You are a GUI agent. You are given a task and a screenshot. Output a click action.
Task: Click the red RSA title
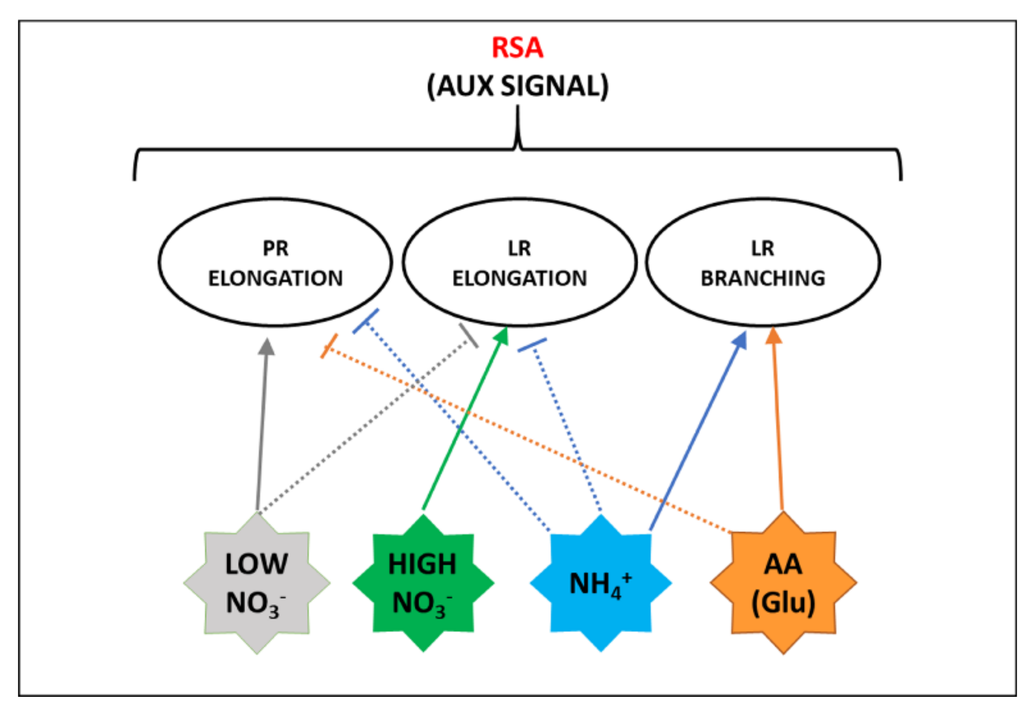(x=517, y=47)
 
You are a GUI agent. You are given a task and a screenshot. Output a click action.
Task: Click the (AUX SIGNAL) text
(x=517, y=86)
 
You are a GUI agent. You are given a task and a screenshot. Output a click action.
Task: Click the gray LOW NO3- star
(x=257, y=583)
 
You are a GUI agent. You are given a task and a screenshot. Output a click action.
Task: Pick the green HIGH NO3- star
(x=423, y=583)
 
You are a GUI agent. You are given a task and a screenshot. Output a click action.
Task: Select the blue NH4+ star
(x=601, y=583)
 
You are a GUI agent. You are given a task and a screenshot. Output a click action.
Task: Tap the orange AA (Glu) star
(x=783, y=583)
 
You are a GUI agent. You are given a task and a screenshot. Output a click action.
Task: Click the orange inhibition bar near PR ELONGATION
(x=329, y=346)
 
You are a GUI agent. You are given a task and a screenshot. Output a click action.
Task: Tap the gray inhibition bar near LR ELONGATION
(x=469, y=336)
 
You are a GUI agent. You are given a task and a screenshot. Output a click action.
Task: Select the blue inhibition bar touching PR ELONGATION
(x=365, y=321)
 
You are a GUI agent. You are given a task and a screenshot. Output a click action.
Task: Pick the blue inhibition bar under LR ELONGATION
(x=532, y=345)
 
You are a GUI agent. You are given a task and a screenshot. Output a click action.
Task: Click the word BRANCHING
(x=763, y=278)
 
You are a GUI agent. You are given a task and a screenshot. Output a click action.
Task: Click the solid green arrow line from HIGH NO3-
(x=465, y=418)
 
